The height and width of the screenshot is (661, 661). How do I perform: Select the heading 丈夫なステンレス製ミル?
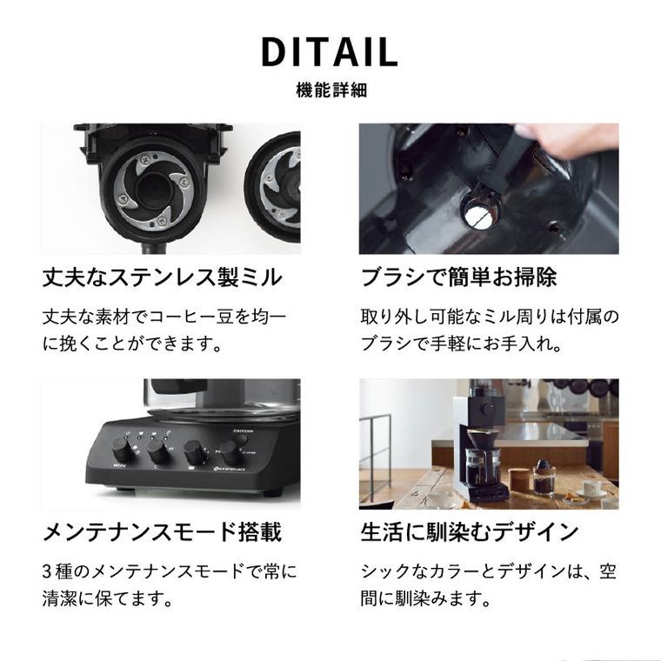pyautogui.click(x=163, y=277)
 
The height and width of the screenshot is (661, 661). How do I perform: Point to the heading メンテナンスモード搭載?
pyautogui.click(x=163, y=531)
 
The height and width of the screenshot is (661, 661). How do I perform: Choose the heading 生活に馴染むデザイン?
pyautogui.click(x=470, y=531)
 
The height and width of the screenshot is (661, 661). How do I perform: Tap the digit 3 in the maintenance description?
pyautogui.click(x=47, y=571)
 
